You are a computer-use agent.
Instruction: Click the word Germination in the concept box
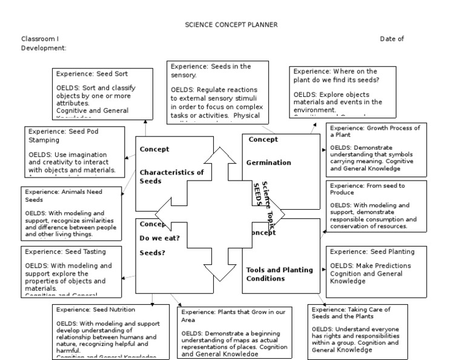pyautogui.click(x=269, y=162)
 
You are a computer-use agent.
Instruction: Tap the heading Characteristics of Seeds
pyautogui.click(x=172, y=176)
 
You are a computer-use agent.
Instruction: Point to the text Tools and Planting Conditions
pyautogui.click(x=279, y=274)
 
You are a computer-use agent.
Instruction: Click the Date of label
pyautogui.click(x=392, y=39)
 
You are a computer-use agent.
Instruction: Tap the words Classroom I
pyautogui.click(x=40, y=39)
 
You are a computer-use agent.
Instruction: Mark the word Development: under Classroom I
pyautogui.click(x=44, y=48)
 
